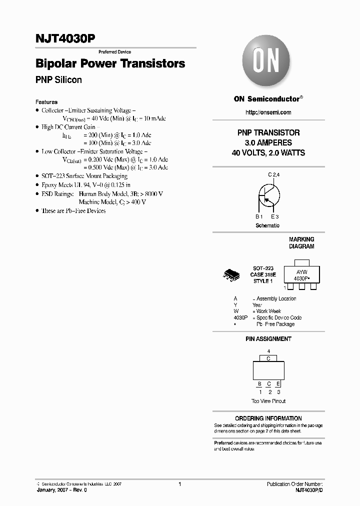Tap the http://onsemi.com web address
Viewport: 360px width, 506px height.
[x=268, y=112]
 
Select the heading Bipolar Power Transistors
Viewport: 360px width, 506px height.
[x=110, y=64]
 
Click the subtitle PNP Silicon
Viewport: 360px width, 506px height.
[x=58, y=80]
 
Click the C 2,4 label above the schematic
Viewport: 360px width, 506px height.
[x=273, y=174]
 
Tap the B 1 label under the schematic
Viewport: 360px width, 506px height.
[x=258, y=216]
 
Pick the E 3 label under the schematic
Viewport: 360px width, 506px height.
[x=274, y=216]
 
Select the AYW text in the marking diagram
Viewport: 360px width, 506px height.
[x=299, y=271]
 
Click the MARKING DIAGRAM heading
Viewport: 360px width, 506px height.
[x=301, y=243]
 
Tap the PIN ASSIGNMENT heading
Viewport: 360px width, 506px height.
[x=268, y=339]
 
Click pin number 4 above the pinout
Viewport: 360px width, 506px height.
[x=268, y=351]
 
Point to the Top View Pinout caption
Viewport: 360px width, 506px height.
[x=268, y=401]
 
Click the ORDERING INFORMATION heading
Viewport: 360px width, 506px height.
[x=268, y=418]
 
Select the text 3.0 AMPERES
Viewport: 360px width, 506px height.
[x=268, y=143]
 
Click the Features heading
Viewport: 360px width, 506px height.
[x=46, y=102]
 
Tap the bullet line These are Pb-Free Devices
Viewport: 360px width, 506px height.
[x=73, y=211]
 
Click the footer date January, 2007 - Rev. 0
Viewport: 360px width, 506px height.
[x=62, y=490]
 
